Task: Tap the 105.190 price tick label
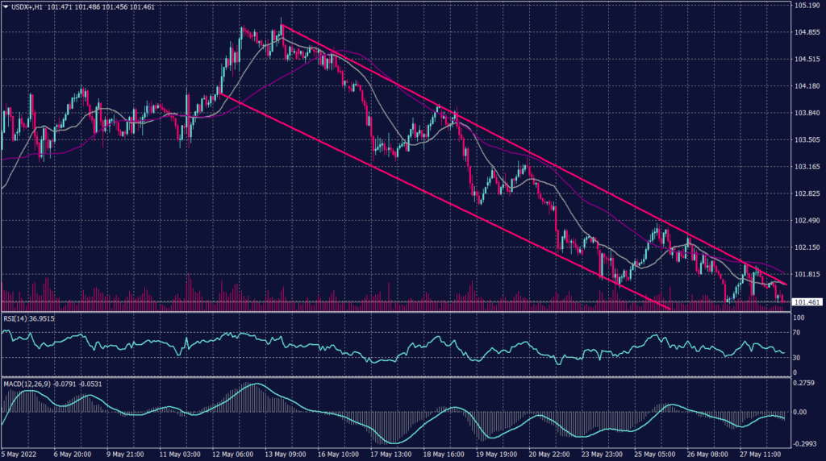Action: (x=807, y=6)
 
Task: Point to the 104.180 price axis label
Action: (x=807, y=86)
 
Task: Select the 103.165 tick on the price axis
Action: (x=807, y=167)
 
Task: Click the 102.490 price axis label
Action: (x=807, y=220)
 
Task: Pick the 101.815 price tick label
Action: (x=807, y=274)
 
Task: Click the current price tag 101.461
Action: (x=807, y=302)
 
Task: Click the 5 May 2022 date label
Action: (x=22, y=454)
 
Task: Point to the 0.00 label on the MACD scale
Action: (x=800, y=412)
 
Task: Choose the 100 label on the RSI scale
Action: (x=799, y=318)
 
